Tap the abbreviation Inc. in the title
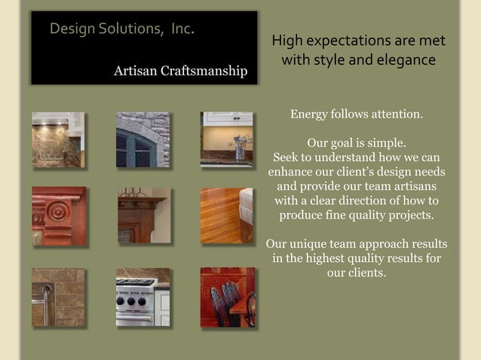(182, 29)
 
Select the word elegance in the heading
(406, 59)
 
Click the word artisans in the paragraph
(413, 186)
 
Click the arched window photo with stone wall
(142, 139)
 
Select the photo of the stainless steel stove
(142, 297)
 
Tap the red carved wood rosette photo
(58, 215)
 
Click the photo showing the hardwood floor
(225, 215)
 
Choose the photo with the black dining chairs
(227, 297)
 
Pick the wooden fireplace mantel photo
(143, 215)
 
